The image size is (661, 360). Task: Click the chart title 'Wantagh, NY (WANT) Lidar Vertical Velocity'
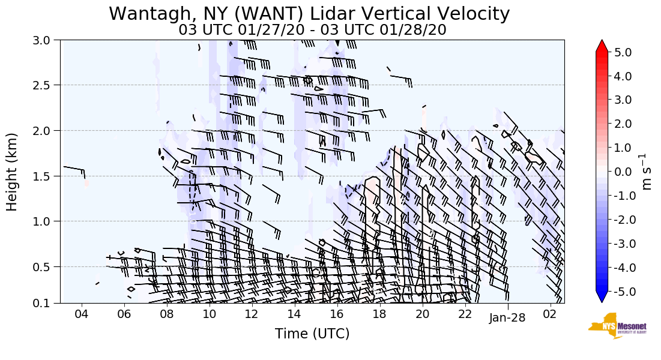[x=309, y=13]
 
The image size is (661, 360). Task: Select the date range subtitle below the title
[x=312, y=29]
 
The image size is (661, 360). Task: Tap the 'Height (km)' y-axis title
[x=12, y=172]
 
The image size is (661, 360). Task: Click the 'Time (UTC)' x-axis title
[x=312, y=334]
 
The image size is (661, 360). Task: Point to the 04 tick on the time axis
[x=82, y=314]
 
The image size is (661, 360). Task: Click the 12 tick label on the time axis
[x=252, y=314]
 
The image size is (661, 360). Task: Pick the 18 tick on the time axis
[x=379, y=314]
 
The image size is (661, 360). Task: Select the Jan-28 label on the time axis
[x=508, y=317]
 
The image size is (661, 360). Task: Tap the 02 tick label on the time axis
[x=551, y=314]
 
